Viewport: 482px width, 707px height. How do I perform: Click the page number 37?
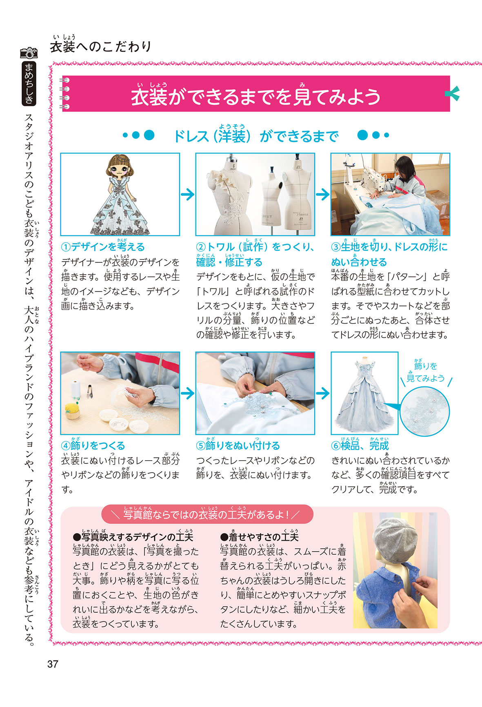53,664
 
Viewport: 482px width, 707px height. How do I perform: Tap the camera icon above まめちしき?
29,53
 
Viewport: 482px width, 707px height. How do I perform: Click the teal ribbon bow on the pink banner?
452,93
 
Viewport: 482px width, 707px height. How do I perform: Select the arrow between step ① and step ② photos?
187,194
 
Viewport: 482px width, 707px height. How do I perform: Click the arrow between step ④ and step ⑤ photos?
187,393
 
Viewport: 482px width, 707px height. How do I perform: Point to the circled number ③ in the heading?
335,247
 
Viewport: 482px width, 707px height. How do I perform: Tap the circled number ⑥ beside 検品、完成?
335,446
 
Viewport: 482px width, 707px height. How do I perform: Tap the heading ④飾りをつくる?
93,446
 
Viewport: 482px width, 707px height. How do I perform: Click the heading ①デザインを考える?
103,247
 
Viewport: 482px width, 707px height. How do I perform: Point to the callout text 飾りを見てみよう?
426,372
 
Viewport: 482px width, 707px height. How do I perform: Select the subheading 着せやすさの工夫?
259,537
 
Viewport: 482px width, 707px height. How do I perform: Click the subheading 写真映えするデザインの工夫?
133,537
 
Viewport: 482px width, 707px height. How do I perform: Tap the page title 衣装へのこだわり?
101,46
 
